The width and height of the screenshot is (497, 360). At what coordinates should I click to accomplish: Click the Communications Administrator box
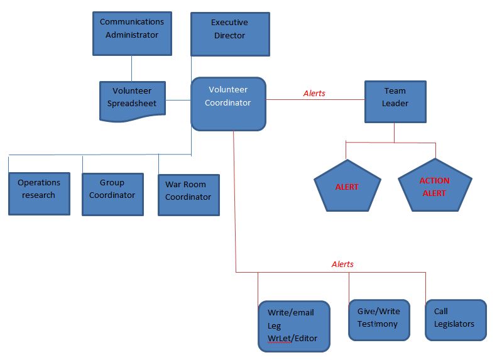[x=132, y=33]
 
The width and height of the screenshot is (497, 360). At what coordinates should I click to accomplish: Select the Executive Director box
[x=230, y=34]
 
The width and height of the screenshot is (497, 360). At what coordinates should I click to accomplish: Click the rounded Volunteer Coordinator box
[x=228, y=104]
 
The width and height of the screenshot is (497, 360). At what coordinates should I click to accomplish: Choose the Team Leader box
[x=395, y=102]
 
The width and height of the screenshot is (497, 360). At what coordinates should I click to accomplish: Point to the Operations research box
[x=40, y=194]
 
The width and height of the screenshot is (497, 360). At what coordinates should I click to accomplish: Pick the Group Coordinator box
[x=112, y=194]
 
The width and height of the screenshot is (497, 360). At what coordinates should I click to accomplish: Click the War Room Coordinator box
[x=188, y=195]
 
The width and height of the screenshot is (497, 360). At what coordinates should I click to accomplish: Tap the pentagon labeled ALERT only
[x=347, y=187]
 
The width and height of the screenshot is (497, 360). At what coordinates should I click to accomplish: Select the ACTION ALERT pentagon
[x=435, y=186]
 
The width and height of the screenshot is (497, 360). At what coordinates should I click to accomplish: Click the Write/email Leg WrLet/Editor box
[x=294, y=326]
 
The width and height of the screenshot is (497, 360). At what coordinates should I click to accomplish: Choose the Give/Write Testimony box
[x=379, y=320]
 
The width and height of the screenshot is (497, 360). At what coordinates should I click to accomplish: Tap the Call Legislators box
[x=456, y=320]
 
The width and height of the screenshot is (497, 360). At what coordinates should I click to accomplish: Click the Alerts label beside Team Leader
[x=314, y=93]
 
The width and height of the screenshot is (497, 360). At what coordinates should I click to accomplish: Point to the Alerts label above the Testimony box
[x=342, y=264]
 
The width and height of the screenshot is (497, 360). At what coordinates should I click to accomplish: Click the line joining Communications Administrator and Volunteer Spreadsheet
[x=131, y=68]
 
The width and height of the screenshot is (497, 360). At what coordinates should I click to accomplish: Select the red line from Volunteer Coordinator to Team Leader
[x=315, y=99]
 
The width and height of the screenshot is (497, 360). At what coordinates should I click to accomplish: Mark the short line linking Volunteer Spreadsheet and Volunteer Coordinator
[x=178, y=100]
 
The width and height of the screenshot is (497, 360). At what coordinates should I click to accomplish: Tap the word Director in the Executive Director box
[x=229, y=35]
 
